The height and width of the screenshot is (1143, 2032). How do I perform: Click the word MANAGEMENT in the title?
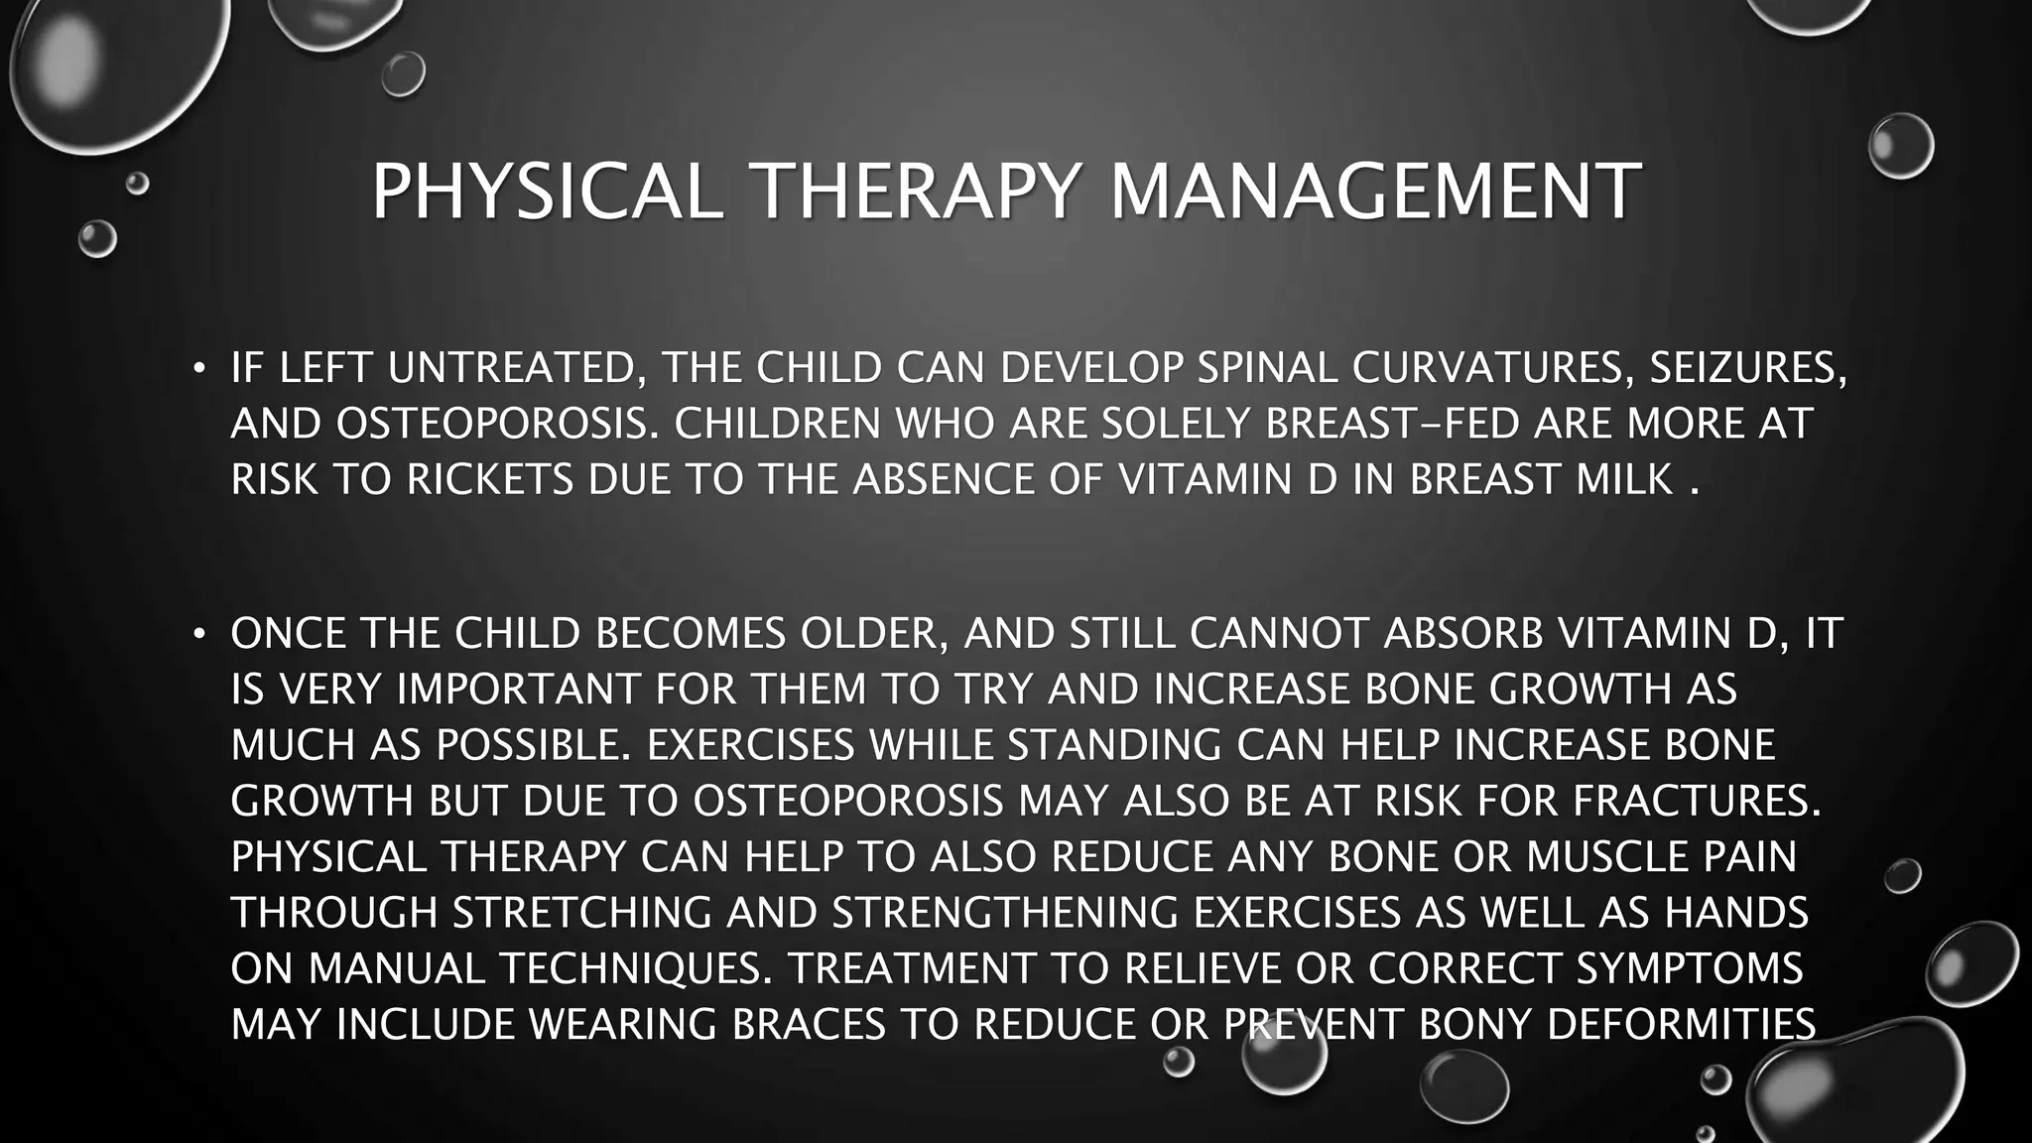click(x=1374, y=190)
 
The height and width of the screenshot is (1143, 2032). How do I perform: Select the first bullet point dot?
click(x=199, y=369)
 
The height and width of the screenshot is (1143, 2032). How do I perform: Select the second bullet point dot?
click(x=199, y=633)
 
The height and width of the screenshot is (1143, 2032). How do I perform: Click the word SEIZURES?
click(x=1747, y=369)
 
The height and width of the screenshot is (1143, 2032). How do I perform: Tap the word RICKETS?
click(x=490, y=480)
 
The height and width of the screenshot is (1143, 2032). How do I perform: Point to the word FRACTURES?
click(x=1698, y=801)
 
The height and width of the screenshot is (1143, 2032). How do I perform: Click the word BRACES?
click(x=808, y=1024)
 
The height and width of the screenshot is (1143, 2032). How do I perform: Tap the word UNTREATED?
click(x=512, y=369)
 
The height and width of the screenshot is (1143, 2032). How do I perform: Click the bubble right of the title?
click(x=1901, y=146)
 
